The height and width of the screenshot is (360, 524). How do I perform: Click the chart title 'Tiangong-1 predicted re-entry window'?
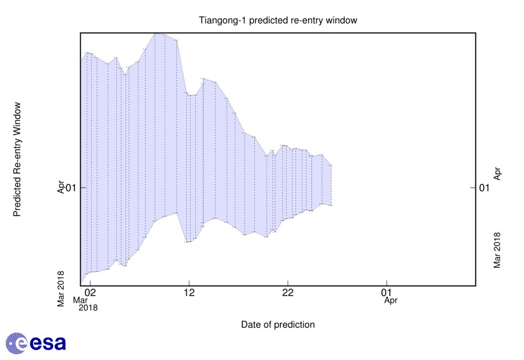(x=278, y=21)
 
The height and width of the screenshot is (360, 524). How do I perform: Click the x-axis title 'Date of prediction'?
(x=278, y=325)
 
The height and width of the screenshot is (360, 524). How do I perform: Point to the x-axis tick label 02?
(x=90, y=292)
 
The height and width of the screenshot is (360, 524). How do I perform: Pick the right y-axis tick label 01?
(x=484, y=187)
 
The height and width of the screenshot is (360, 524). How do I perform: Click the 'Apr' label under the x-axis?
(x=391, y=299)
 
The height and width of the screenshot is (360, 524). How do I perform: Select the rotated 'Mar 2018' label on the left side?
(x=61, y=289)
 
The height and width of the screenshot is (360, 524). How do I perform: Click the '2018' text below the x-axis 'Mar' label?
(x=88, y=307)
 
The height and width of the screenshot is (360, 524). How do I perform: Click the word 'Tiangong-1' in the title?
(x=219, y=21)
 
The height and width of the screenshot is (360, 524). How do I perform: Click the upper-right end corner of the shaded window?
(x=332, y=166)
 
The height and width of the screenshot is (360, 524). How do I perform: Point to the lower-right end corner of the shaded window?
(x=332, y=205)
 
